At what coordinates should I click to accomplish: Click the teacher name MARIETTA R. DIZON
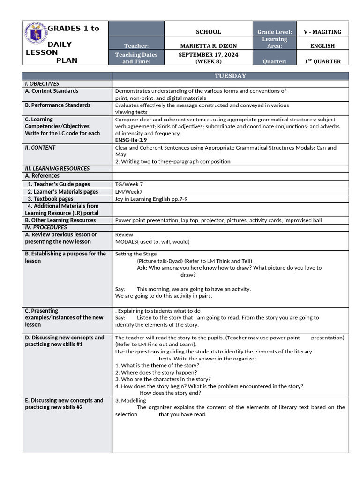pyautogui.click(x=208, y=46)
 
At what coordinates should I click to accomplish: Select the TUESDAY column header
pyautogui.click(x=230, y=76)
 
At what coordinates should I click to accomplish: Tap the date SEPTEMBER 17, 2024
pyautogui.click(x=208, y=55)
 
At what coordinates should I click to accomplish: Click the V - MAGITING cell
pyautogui.click(x=322, y=32)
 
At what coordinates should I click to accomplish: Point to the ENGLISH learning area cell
pyautogui.click(x=322, y=46)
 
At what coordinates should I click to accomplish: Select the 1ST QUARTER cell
pyautogui.click(x=322, y=61)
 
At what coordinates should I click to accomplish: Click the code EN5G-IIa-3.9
pyautogui.click(x=134, y=140)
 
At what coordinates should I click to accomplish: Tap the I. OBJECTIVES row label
pyautogui.click(x=42, y=83)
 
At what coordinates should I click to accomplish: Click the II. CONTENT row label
pyautogui.click(x=40, y=148)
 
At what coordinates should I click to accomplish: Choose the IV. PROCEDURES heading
pyautogui.click(x=46, y=227)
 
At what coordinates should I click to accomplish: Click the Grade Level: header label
pyautogui.click(x=275, y=32)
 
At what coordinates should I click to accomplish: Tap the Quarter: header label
pyautogui.click(x=275, y=61)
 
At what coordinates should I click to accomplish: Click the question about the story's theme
pyautogui.click(x=157, y=365)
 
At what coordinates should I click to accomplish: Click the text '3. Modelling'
pyautogui.click(x=130, y=400)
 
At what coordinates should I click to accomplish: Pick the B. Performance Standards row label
pyautogui.click(x=57, y=105)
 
